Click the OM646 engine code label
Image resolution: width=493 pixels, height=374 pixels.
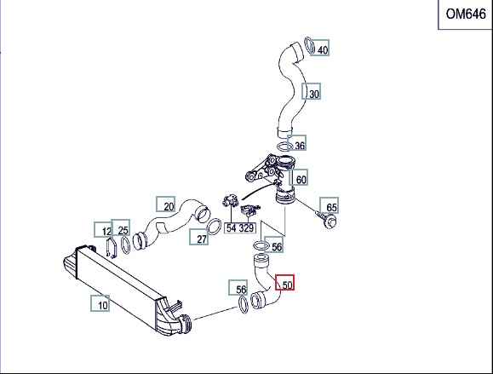pyautogui.click(x=466, y=14)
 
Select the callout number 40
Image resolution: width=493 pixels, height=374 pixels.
pyautogui.click(x=323, y=49)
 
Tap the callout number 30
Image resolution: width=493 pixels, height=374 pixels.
pyautogui.click(x=314, y=94)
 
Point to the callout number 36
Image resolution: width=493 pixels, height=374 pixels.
pyautogui.click(x=300, y=146)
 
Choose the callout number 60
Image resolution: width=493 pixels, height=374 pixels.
pyautogui.click(x=301, y=180)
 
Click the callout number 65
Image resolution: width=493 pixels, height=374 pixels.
pyautogui.click(x=331, y=207)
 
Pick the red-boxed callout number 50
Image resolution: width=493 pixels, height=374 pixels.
pyautogui.click(x=288, y=285)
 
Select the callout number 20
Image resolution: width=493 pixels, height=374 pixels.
pyautogui.click(x=169, y=206)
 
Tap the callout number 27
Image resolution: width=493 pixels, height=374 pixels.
pyautogui.click(x=202, y=239)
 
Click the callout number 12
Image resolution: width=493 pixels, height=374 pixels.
pyautogui.click(x=107, y=232)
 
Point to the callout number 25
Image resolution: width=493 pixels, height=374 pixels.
pyautogui.click(x=123, y=230)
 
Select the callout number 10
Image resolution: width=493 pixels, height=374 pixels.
pyautogui.click(x=103, y=305)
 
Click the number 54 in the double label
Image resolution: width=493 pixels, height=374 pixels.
pyautogui.click(x=231, y=227)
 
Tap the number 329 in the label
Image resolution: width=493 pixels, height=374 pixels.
pyautogui.click(x=246, y=227)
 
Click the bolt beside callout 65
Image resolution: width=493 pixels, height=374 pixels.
pyautogui.click(x=326, y=220)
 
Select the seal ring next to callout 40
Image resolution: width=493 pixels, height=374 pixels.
pyautogui.click(x=310, y=45)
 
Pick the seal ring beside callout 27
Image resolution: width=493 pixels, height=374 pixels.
pyautogui.click(x=214, y=227)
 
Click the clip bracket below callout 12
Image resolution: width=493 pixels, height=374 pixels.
pyautogui.click(x=111, y=247)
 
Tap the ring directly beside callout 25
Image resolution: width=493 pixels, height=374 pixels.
pyautogui.click(x=125, y=245)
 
